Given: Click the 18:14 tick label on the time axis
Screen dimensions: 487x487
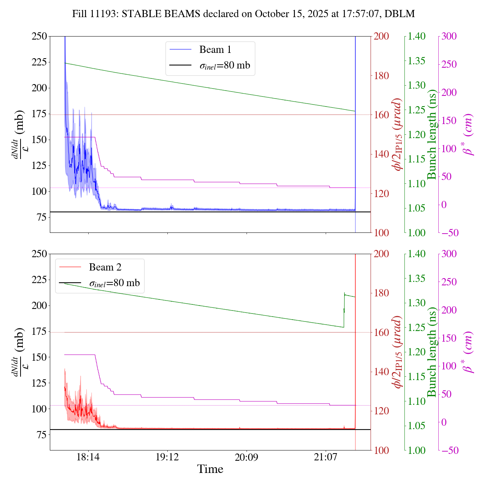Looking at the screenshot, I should (x=88, y=457).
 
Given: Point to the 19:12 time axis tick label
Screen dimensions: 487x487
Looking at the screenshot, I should (x=167, y=457).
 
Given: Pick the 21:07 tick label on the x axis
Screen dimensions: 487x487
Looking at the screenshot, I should (x=326, y=457).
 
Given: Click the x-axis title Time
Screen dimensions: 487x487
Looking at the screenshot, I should (x=210, y=469).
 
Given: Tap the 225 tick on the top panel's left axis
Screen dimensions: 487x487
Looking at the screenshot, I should (x=39, y=62).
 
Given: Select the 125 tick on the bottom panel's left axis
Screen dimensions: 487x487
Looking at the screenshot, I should (x=39, y=383).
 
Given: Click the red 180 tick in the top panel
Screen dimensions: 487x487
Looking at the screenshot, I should (x=382, y=76).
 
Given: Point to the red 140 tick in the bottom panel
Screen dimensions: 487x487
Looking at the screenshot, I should (x=382, y=372).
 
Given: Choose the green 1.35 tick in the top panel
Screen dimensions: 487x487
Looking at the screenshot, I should (x=417, y=61).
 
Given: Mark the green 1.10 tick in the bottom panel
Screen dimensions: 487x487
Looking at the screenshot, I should (x=417, y=401).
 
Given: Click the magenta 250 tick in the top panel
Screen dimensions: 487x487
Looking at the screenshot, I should (x=449, y=65).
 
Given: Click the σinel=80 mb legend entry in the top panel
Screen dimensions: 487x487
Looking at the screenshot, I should (x=225, y=65).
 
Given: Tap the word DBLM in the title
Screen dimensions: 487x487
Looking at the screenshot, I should (x=399, y=14).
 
